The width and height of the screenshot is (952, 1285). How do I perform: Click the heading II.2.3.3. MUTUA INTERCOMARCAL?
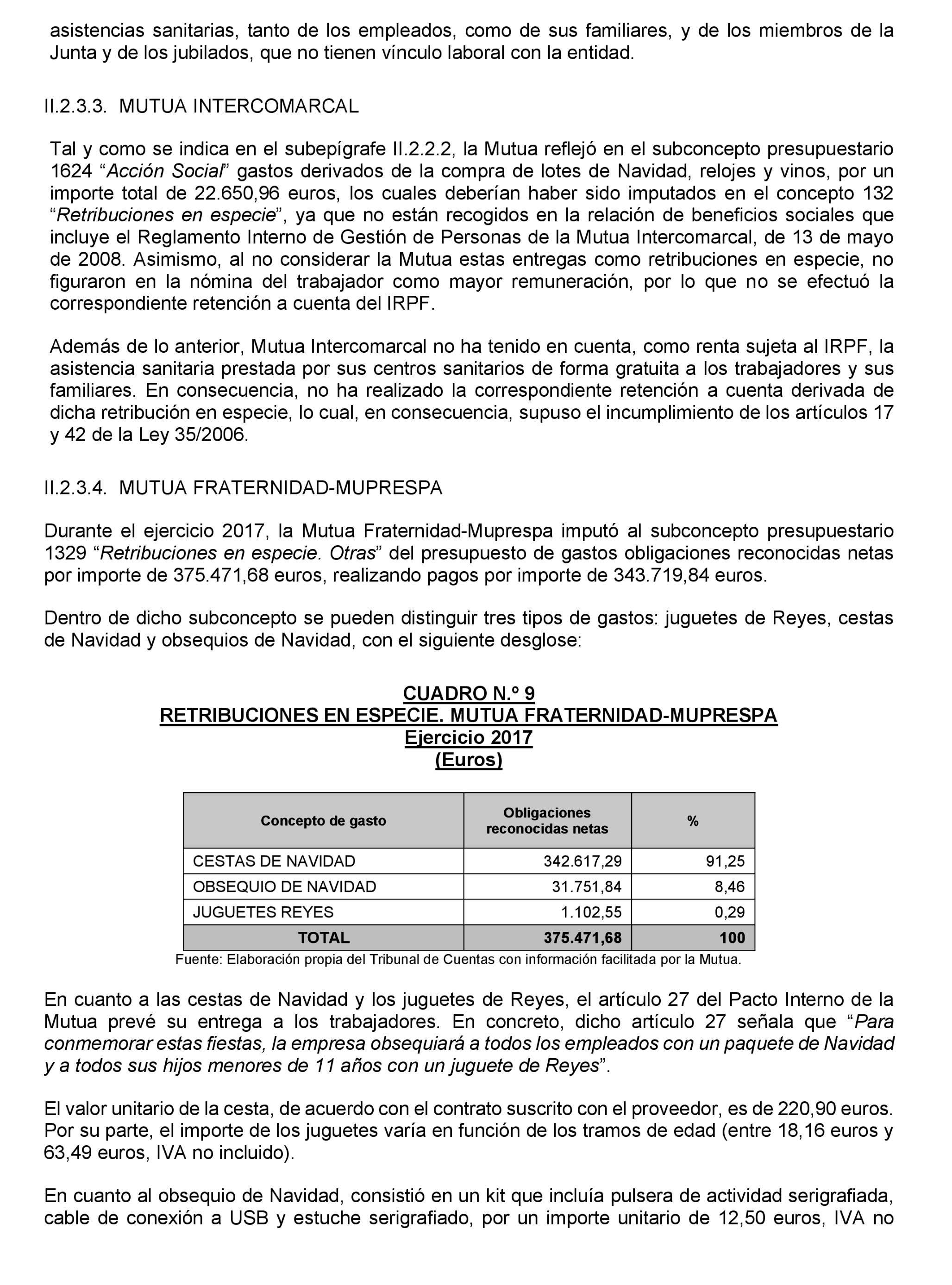pyautogui.click(x=201, y=106)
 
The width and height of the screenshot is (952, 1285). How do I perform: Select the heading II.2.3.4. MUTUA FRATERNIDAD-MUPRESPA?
pyautogui.click(x=243, y=488)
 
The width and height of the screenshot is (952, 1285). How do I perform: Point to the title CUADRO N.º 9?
pyautogui.click(x=469, y=693)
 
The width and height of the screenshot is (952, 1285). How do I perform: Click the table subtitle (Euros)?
pyautogui.click(x=469, y=760)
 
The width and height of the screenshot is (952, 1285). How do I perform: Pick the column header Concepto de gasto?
pyautogui.click(x=323, y=821)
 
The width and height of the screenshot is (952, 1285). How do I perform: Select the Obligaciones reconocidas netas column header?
pyautogui.click(x=547, y=821)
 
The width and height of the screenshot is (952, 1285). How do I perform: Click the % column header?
pyautogui.click(x=693, y=821)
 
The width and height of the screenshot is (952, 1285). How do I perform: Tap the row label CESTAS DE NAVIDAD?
pyautogui.click(x=274, y=861)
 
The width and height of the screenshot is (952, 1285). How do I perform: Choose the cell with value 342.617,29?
pyautogui.click(x=582, y=861)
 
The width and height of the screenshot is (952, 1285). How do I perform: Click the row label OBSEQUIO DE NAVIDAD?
pyautogui.click(x=284, y=886)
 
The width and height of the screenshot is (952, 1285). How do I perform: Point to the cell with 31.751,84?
pyautogui.click(x=586, y=886)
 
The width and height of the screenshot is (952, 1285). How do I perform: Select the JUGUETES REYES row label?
pyautogui.click(x=263, y=912)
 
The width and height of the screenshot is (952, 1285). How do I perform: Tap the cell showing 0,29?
pyautogui.click(x=730, y=912)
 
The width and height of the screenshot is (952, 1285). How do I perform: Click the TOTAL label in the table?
pyautogui.click(x=323, y=938)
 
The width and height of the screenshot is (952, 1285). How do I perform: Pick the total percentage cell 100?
pyautogui.click(x=732, y=938)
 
